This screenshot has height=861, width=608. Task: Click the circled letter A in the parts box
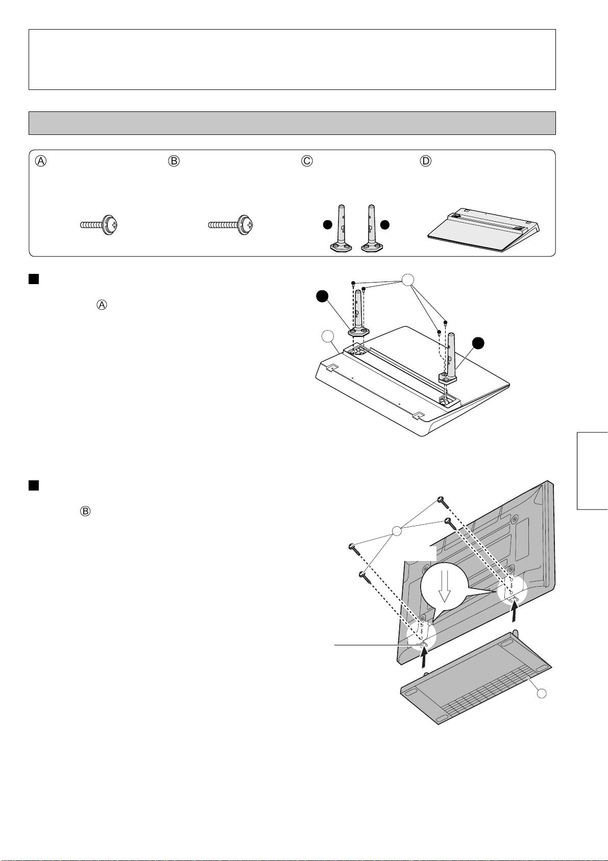(41, 161)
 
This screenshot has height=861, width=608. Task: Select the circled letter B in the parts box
(174, 161)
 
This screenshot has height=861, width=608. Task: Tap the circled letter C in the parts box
(307, 161)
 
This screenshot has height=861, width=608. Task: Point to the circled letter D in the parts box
(425, 161)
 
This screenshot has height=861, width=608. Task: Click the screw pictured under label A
(100, 225)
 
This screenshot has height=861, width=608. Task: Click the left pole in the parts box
(339, 230)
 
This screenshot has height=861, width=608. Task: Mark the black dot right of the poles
(385, 225)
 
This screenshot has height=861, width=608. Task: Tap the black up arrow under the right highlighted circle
(515, 611)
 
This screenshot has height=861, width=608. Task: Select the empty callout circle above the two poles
(407, 280)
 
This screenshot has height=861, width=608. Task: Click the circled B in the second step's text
(85, 511)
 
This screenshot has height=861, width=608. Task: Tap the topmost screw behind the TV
(442, 502)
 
